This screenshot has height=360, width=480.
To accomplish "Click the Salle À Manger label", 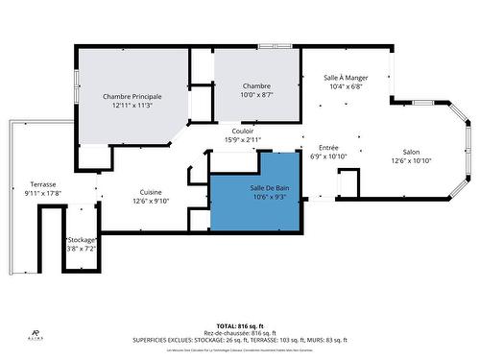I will click(x=345, y=78).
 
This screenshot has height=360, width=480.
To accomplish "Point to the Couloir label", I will click(x=243, y=131).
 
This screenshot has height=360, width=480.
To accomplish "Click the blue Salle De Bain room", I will click(x=255, y=191).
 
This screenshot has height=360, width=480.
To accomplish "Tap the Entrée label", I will click(x=329, y=148).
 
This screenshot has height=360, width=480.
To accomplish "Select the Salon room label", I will click(x=411, y=152).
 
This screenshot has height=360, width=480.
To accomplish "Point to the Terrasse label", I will click(x=43, y=183).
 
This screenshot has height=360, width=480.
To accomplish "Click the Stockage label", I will click(x=81, y=239).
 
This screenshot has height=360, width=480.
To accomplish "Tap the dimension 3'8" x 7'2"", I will click(x=81, y=248).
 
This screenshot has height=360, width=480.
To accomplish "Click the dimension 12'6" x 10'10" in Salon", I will click(x=411, y=160).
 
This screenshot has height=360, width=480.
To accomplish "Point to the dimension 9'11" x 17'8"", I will click(x=43, y=192).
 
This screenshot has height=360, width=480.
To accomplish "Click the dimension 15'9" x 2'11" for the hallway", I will click(x=243, y=139).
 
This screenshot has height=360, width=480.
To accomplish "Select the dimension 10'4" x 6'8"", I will click(x=345, y=86).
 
